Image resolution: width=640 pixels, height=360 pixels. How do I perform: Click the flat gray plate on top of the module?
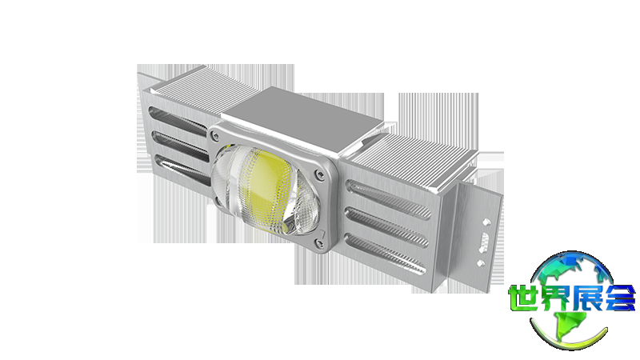(302, 122)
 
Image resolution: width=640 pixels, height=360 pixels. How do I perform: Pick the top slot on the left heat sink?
(178, 118)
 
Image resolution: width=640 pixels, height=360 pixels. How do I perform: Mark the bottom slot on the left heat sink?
(184, 170)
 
